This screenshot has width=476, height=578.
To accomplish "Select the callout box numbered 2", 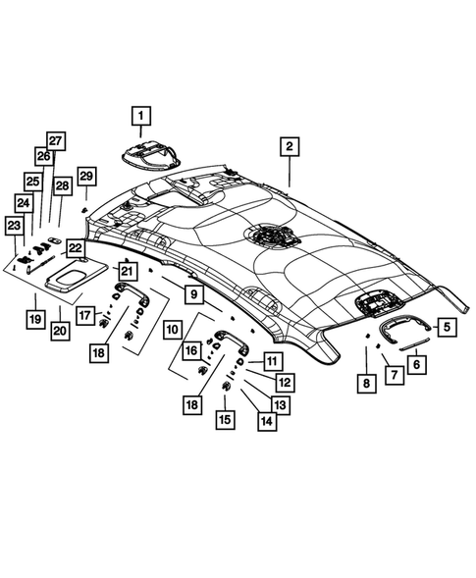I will click(x=289, y=148).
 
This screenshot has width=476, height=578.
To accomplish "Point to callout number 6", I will click(x=417, y=363).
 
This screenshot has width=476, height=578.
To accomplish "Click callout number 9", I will click(x=193, y=293).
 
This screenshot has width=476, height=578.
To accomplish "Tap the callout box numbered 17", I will click(x=86, y=314).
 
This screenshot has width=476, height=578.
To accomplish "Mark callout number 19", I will click(x=34, y=319).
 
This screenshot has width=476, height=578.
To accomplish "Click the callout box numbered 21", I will click(x=126, y=269).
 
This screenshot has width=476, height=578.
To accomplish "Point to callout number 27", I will click(x=55, y=140).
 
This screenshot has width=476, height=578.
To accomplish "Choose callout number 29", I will click(x=86, y=176).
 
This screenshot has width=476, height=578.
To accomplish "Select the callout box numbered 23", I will click(x=14, y=226).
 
